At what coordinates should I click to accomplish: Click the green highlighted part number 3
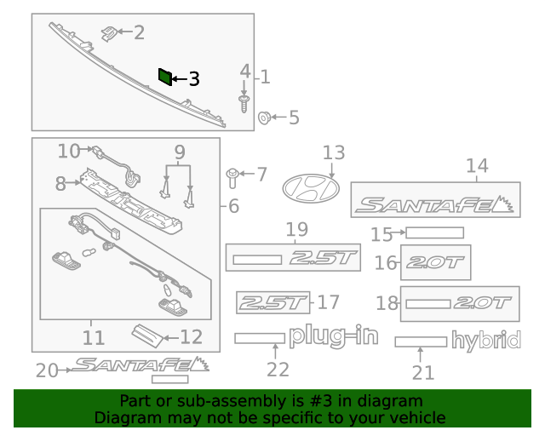click(x=164, y=77)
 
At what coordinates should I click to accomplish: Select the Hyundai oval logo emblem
click(x=310, y=186)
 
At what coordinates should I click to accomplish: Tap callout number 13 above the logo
click(x=333, y=152)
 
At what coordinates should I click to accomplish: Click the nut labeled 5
click(x=264, y=117)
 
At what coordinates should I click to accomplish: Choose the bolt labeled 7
click(x=232, y=176)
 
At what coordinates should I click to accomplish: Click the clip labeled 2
click(x=108, y=33)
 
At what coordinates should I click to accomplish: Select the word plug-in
click(x=333, y=336)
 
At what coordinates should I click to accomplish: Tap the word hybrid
click(x=485, y=341)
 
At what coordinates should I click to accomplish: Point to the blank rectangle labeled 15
click(x=434, y=232)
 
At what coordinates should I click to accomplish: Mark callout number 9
click(x=179, y=153)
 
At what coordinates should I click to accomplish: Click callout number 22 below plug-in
click(x=278, y=369)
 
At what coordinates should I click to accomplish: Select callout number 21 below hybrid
click(x=422, y=372)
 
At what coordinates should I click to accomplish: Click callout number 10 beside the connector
click(x=68, y=151)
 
